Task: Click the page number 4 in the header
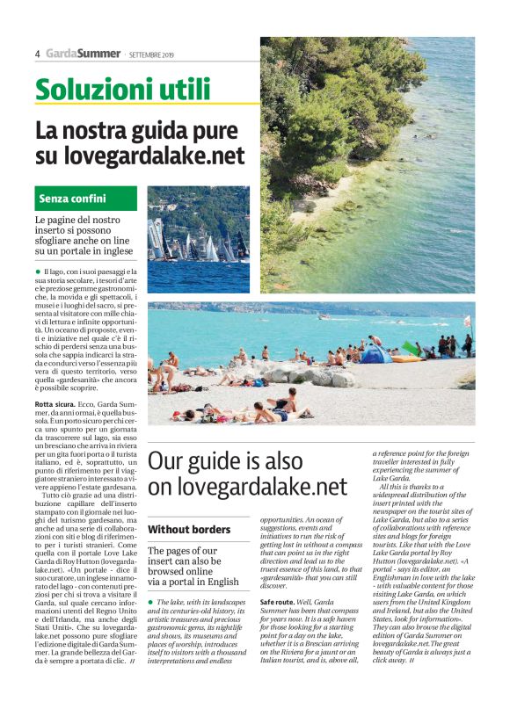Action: (x=38, y=54)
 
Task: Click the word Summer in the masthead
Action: (x=98, y=53)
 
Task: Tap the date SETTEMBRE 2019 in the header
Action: (x=151, y=54)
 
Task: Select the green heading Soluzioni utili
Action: (x=122, y=89)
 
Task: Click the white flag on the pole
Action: (x=468, y=322)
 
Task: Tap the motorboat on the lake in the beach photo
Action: (x=324, y=317)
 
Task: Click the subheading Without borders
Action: (x=189, y=530)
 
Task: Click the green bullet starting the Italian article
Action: (x=39, y=273)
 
